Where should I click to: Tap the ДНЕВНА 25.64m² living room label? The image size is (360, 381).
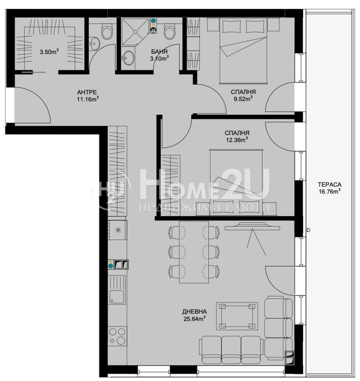[195, 315]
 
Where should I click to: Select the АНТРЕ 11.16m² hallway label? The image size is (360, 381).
[88, 96]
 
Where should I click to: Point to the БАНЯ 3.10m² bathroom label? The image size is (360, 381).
[159, 55]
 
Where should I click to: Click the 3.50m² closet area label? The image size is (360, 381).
[50, 52]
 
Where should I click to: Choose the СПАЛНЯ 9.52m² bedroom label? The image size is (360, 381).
[243, 95]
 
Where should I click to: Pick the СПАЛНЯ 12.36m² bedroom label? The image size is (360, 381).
[237, 136]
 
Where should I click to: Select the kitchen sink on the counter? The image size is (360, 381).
[117, 290]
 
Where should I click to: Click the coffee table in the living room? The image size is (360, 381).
[237, 316]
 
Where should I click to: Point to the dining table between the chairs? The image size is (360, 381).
[194, 252]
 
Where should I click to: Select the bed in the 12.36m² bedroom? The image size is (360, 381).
[236, 182]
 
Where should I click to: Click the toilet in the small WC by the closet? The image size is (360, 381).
[107, 31]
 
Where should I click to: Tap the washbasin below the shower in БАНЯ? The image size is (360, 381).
[128, 58]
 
